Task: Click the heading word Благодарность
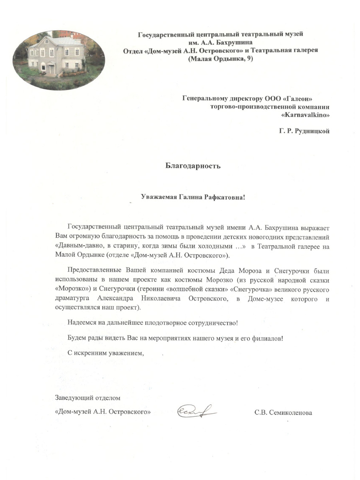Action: point(193,165)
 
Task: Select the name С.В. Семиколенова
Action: point(283,413)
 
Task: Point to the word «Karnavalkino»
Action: point(306,115)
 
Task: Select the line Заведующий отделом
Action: point(88,398)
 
